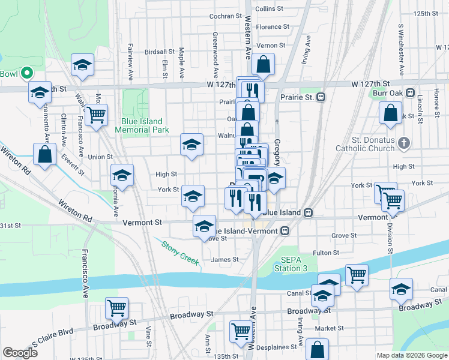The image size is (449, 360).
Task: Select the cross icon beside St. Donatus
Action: point(404,143)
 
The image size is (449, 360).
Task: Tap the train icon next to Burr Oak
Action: point(411,93)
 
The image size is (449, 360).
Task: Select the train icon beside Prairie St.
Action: point(321,97)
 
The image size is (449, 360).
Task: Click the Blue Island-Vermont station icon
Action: point(286,230)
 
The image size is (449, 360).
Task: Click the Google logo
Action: point(20,353)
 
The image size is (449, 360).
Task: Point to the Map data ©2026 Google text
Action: point(411,355)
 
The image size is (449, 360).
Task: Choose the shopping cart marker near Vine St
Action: point(116,308)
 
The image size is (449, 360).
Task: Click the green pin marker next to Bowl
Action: point(26,73)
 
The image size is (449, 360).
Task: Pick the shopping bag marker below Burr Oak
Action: point(390,112)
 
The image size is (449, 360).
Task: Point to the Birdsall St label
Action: point(160,52)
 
